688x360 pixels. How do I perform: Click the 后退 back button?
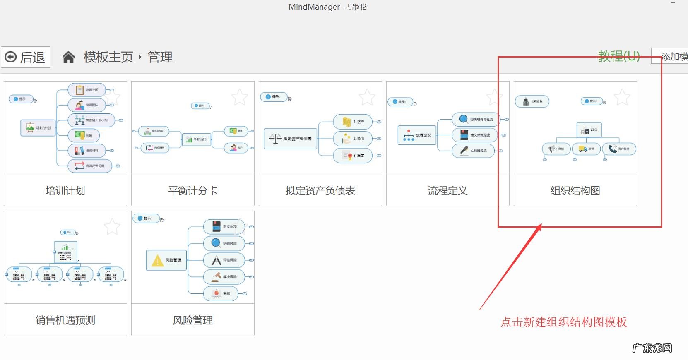pyautogui.click(x=26, y=57)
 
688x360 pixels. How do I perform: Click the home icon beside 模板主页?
pyautogui.click(x=68, y=57)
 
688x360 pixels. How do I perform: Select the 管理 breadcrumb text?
pyautogui.click(x=160, y=57)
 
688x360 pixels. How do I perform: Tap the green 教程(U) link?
pyautogui.click(x=619, y=56)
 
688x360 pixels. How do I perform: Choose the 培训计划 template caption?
pyautogui.click(x=65, y=191)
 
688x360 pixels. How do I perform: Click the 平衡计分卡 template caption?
pyautogui.click(x=193, y=191)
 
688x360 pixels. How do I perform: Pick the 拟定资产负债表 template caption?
pyautogui.click(x=320, y=191)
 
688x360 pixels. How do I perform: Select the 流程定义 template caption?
pyautogui.click(x=447, y=191)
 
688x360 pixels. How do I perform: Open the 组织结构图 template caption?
pyautogui.click(x=575, y=191)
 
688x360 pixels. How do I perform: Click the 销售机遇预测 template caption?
pyautogui.click(x=65, y=320)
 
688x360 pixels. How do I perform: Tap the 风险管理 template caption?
pyautogui.click(x=193, y=320)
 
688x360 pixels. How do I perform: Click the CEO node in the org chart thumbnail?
pyautogui.click(x=589, y=130)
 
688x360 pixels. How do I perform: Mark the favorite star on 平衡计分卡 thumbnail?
pyautogui.click(x=240, y=97)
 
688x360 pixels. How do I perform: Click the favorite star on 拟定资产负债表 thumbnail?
pyautogui.click(x=367, y=97)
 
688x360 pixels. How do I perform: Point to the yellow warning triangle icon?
pyautogui.click(x=157, y=261)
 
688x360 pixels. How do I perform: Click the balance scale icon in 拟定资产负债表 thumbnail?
pyautogui.click(x=275, y=139)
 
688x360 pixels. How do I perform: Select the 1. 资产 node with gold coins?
pyautogui.click(x=353, y=122)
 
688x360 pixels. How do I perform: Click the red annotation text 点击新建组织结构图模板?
pyautogui.click(x=564, y=322)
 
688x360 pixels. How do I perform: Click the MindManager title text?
pyautogui.click(x=327, y=7)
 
